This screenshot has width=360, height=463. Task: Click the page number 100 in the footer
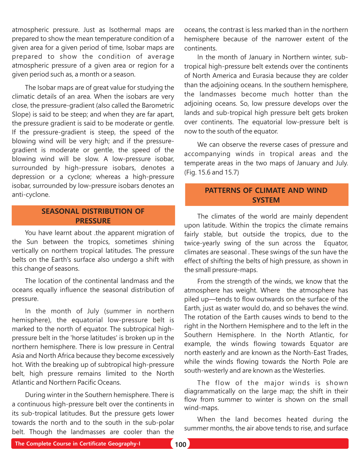coord(180,444)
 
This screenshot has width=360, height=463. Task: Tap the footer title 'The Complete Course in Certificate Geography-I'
coord(77,444)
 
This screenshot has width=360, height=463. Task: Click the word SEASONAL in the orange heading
coord(60,211)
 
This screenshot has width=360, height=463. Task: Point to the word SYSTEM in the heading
coord(266,200)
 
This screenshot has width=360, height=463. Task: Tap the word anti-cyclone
coord(31,194)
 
